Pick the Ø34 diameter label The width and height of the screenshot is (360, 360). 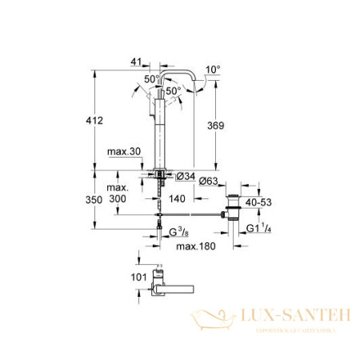pyautogui.click(x=184, y=176)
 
